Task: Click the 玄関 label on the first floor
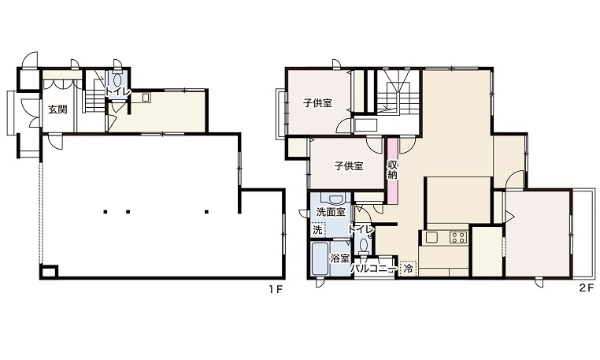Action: click(x=57, y=109)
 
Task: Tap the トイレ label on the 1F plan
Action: click(x=118, y=92)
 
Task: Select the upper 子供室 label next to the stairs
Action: click(x=317, y=103)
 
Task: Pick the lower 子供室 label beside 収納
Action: click(x=349, y=166)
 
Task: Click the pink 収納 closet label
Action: click(x=393, y=170)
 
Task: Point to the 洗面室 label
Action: click(x=331, y=212)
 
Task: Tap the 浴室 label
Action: click(x=340, y=258)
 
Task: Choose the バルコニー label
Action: click(x=373, y=269)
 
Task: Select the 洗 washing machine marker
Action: click(x=317, y=230)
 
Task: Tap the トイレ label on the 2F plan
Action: click(x=361, y=229)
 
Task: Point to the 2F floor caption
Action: click(x=587, y=288)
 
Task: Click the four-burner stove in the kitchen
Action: click(x=458, y=237)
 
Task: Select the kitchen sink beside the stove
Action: click(x=432, y=237)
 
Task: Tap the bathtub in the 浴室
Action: click(x=320, y=259)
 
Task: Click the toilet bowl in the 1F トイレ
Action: click(x=118, y=80)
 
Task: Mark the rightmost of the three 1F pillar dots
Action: click(x=206, y=211)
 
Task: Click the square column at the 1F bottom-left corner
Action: click(x=49, y=272)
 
